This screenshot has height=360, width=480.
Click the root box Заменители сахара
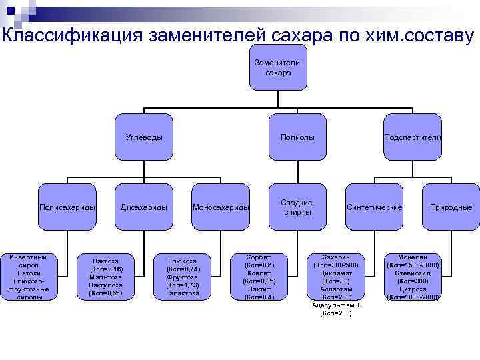(277, 67)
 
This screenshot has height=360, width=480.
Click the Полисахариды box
(67, 207)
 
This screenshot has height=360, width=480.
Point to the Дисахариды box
(144, 207)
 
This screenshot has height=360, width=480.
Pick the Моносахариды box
(221, 207)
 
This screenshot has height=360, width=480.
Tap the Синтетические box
(374, 207)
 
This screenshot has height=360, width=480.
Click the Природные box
(451, 207)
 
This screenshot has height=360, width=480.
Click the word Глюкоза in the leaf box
(182, 261)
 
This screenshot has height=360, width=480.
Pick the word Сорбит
(259, 257)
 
